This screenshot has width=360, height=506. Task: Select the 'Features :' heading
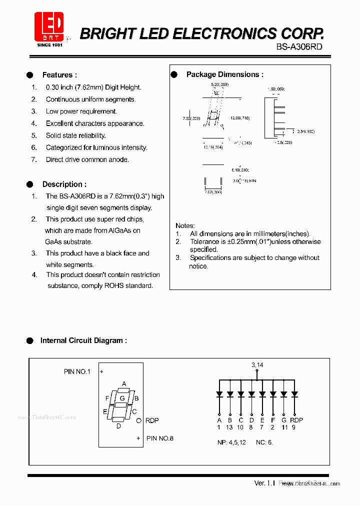[x=59, y=75]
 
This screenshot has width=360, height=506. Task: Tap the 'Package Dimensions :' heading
[x=224, y=74]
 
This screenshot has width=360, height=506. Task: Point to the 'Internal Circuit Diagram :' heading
[x=83, y=340]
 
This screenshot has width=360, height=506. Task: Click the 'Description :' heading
[x=64, y=184]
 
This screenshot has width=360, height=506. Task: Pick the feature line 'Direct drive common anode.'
[x=87, y=159]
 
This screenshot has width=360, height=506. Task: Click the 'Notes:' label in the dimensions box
[x=185, y=225]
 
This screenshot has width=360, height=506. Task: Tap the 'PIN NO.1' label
[x=77, y=371]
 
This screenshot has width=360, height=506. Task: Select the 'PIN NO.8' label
[x=160, y=438]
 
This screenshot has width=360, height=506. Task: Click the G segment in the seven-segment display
[x=121, y=398]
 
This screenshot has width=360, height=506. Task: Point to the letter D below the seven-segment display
[x=118, y=426]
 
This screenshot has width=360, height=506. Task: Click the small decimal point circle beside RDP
[x=139, y=420]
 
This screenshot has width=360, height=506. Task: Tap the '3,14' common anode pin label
[x=257, y=365]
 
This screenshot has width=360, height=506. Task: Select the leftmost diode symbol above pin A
[x=219, y=394]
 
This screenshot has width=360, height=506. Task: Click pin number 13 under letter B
[x=229, y=427]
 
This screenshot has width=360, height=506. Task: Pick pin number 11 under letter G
[x=284, y=427]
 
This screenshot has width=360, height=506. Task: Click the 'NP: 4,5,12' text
[x=231, y=442]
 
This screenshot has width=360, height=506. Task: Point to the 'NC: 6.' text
[x=264, y=442]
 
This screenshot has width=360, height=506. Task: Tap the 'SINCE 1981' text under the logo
[x=49, y=45]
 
